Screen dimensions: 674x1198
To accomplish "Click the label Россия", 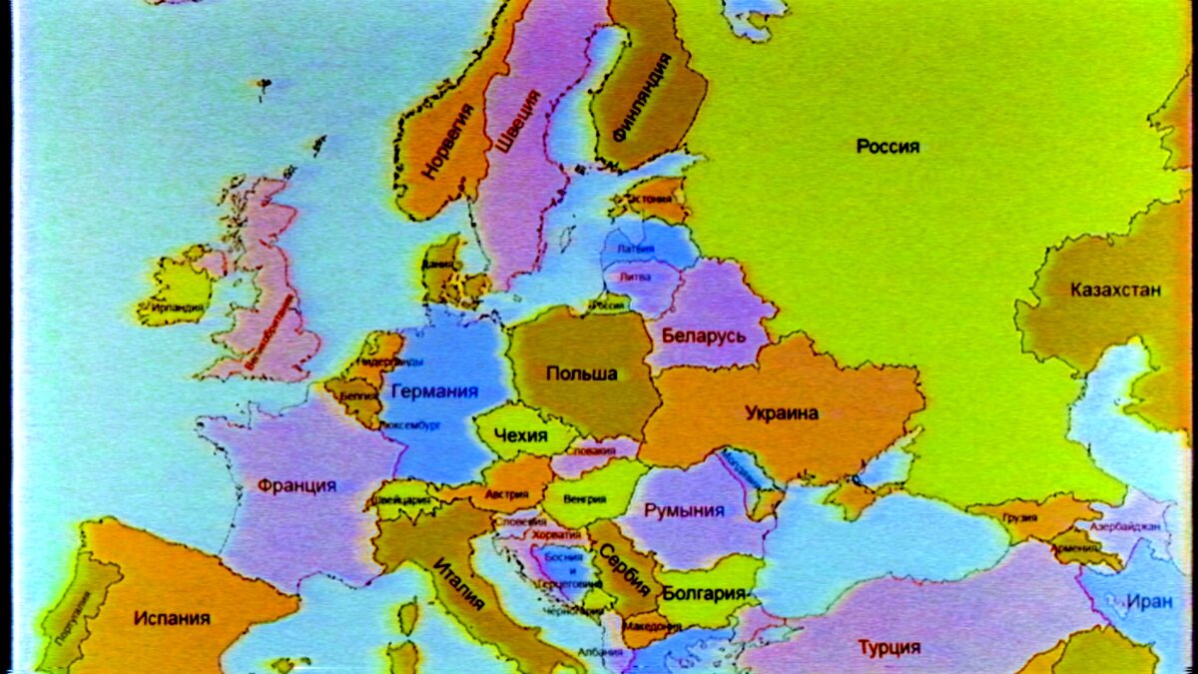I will (x=888, y=147).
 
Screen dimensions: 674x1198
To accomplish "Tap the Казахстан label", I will (x=1115, y=291).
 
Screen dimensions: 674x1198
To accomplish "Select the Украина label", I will (x=782, y=412).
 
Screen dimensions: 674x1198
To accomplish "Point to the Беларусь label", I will (x=703, y=336).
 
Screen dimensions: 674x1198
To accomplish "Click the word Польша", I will (x=581, y=373).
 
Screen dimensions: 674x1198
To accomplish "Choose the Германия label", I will (x=435, y=390).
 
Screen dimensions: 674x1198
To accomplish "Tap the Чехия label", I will (x=521, y=436).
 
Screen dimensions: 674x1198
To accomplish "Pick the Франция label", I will (x=297, y=486).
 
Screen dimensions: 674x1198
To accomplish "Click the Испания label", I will (x=172, y=618).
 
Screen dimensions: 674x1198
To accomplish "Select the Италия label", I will (x=459, y=584).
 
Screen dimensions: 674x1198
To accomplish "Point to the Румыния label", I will (x=684, y=510).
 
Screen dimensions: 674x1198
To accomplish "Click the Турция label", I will (x=889, y=647).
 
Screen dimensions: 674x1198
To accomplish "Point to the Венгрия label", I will (x=585, y=497).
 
